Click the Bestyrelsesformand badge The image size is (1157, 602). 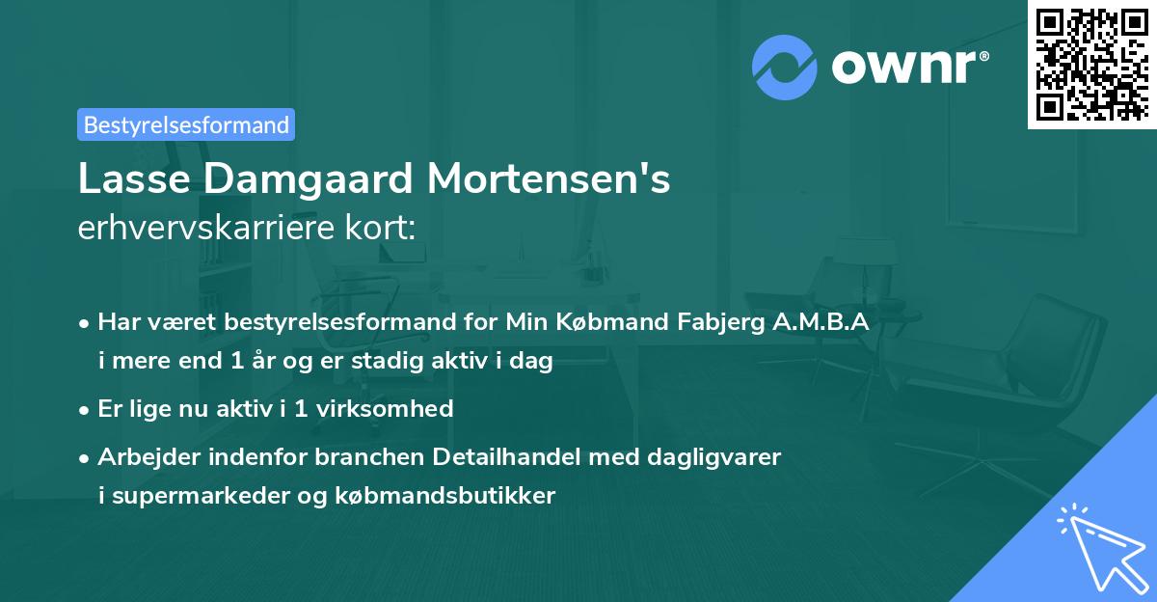[x=186, y=124]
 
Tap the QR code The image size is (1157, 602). [x=1091, y=64]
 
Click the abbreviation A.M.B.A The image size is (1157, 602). [x=821, y=322]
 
